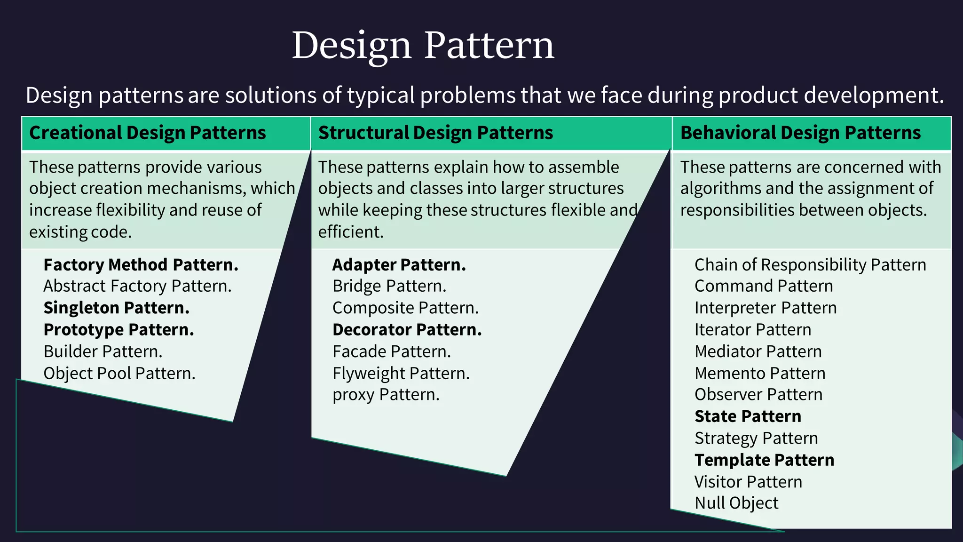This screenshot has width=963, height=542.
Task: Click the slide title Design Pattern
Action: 423,45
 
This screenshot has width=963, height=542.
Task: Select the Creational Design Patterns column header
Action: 147,133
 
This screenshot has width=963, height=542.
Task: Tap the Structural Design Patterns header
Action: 435,133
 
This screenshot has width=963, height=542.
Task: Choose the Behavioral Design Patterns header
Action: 800,133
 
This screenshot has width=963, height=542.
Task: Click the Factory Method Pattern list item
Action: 141,265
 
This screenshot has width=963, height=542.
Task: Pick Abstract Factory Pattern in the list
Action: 137,286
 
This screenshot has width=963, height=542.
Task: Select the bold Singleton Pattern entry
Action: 116,308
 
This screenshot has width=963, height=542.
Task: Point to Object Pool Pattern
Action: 119,374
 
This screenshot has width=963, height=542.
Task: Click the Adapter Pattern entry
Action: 399,265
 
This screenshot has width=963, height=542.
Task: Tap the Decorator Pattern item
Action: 407,330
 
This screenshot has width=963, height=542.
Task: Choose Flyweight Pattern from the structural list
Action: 401,374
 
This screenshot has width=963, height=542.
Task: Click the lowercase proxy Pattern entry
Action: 386,395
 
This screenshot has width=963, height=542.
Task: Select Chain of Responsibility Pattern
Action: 810,265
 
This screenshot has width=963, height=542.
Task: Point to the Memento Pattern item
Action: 760,374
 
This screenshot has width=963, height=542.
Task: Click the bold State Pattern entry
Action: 748,416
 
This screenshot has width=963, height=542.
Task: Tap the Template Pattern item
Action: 764,460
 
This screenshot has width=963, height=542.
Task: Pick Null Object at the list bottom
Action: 736,503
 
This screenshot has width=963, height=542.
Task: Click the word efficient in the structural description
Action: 351,232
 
